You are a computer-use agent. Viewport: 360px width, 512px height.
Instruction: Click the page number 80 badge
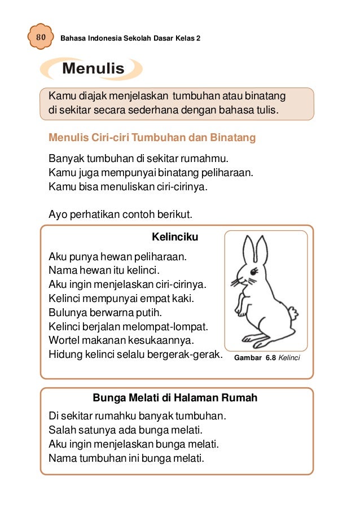coord(40,37)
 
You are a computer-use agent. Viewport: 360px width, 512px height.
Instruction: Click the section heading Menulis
coord(93,69)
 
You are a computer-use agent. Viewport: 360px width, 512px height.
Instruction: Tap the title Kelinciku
coord(175,237)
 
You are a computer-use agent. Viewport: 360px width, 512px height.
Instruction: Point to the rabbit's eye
coord(252,272)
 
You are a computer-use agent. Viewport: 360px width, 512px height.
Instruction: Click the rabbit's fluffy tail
coord(292,312)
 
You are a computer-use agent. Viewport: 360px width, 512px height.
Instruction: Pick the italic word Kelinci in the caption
coord(289,358)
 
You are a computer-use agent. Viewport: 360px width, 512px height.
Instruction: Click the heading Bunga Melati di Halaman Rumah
coord(175,398)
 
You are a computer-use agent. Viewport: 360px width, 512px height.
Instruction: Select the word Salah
coord(63,430)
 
